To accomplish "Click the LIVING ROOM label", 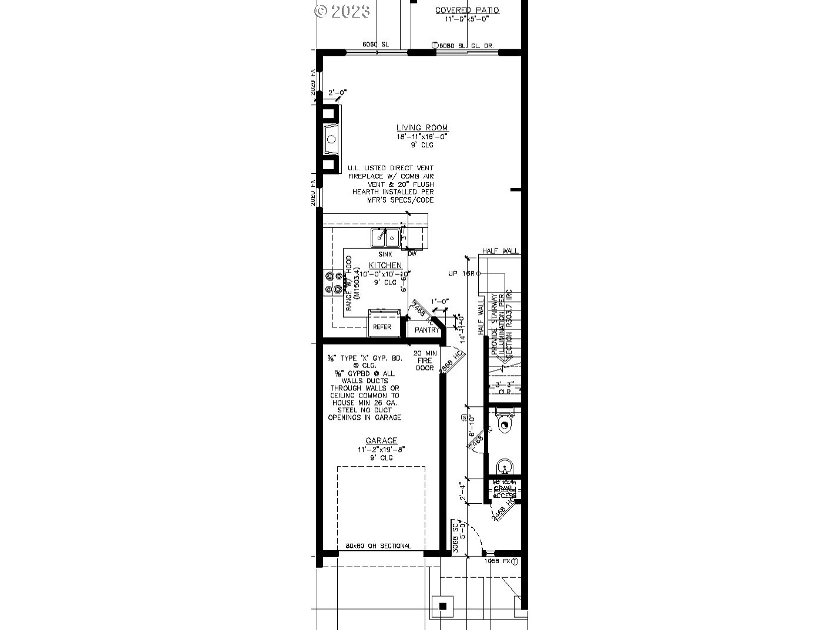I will pos(422,127).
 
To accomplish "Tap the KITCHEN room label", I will pos(385,265).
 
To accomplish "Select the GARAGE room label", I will pos(382,440).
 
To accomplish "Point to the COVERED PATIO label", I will pos(467,10).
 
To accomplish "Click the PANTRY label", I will pos(426,330).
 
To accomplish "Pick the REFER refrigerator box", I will pos(382,326).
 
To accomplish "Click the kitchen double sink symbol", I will pos(385,238).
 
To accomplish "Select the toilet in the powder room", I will pos(504,423).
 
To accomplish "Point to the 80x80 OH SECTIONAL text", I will pos(378,546).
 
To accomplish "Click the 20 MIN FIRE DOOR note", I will pos(424,360).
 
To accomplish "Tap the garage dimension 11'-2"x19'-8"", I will pos(382,449).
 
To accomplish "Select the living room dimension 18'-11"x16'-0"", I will pos(422,136).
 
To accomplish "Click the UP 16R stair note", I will pos(462,274).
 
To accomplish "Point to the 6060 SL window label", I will pos(375,44).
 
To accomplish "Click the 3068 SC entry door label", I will pos(455,536).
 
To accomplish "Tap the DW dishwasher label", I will pos(412,254).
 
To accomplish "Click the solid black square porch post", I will pos(443,606).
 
